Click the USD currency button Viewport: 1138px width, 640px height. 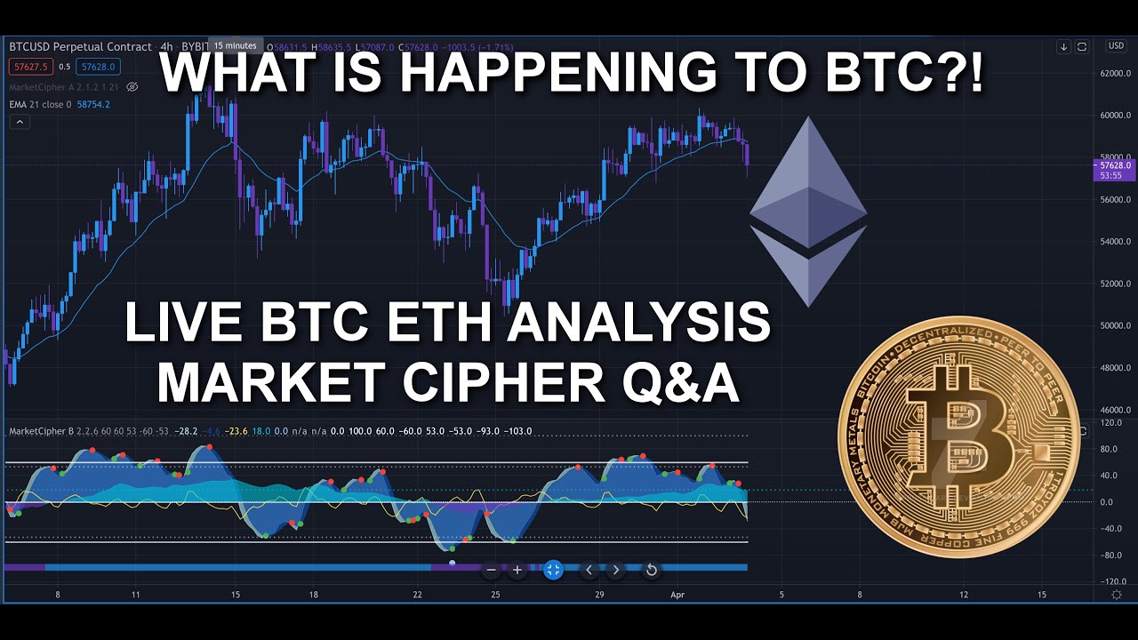pyautogui.click(x=1115, y=46)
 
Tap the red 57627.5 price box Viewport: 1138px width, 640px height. pyautogui.click(x=28, y=67)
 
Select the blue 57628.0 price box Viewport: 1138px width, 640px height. pyautogui.click(x=98, y=67)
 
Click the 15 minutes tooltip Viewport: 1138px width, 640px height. pyautogui.click(x=235, y=45)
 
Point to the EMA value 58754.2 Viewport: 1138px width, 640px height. pyautogui.click(x=92, y=105)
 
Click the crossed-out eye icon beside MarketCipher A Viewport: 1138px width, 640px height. pyautogui.click(x=132, y=87)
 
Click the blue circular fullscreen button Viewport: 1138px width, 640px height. pyautogui.click(x=553, y=570)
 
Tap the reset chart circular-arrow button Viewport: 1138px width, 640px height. pyautogui.click(x=651, y=570)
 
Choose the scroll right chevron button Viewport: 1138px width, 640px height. pyautogui.click(x=615, y=570)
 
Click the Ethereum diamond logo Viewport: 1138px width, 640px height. pyautogui.click(x=807, y=212)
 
